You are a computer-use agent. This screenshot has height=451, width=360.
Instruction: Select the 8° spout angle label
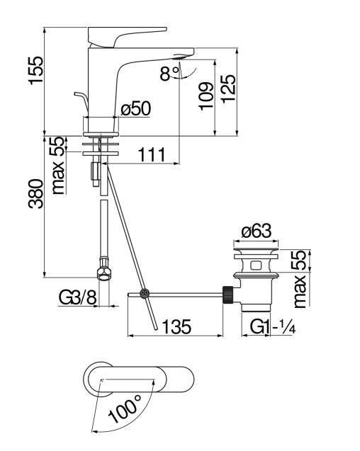(x=169, y=74)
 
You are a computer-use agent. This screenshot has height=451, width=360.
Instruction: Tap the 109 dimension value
(x=204, y=96)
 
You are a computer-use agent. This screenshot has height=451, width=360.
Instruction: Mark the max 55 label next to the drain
(x=303, y=278)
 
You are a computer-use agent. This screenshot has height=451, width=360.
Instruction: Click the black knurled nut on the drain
(x=228, y=292)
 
